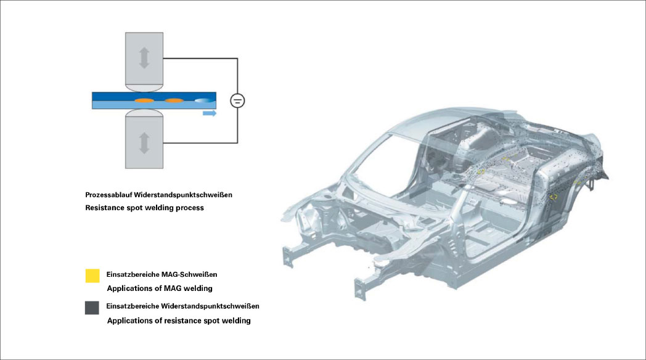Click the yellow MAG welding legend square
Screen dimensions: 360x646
coord(92,276)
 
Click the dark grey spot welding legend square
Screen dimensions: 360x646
coord(92,308)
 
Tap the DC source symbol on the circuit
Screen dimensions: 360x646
coord(237,100)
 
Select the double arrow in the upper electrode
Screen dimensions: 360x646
coord(144,58)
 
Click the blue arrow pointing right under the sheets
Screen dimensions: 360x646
coord(210,113)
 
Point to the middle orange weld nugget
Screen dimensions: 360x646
coord(174,100)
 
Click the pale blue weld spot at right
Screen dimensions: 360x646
coord(202,100)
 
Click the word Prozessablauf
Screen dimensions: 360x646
coord(106,195)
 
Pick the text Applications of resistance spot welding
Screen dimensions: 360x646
coord(179,321)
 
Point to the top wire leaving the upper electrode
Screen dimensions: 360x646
coord(200,58)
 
